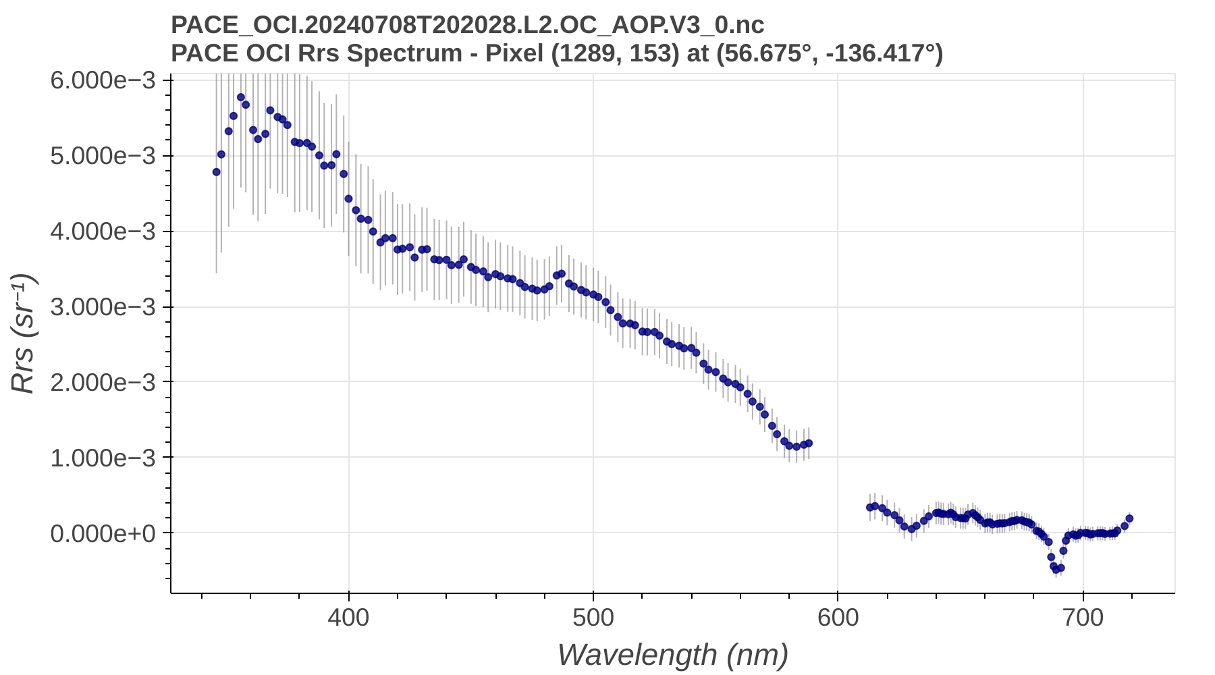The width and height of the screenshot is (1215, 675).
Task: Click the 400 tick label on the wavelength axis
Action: (348, 617)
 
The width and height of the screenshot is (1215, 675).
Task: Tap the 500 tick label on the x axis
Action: (593, 617)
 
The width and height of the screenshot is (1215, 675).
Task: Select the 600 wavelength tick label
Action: (838, 617)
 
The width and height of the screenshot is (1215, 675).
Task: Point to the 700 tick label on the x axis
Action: (1083, 617)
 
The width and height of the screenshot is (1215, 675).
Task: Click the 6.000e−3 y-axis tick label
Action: (103, 80)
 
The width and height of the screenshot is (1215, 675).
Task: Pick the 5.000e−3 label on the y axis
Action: (103, 156)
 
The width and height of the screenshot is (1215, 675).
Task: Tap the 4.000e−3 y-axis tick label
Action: (103, 232)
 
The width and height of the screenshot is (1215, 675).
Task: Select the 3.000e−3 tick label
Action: (103, 307)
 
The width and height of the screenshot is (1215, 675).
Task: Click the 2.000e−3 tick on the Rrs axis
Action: (103, 382)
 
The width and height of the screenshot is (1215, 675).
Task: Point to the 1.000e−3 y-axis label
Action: (103, 458)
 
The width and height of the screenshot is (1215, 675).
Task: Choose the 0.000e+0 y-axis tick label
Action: (103, 533)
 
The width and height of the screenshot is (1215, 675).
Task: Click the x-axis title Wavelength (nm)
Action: (672, 655)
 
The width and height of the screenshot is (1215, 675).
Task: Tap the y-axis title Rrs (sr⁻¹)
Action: (23, 334)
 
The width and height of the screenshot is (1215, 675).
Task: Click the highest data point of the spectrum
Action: (240, 97)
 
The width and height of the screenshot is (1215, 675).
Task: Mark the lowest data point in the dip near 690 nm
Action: (1056, 570)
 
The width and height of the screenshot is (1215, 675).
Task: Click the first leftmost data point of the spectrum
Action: (216, 172)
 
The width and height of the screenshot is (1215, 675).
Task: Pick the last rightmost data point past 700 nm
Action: (1129, 518)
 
